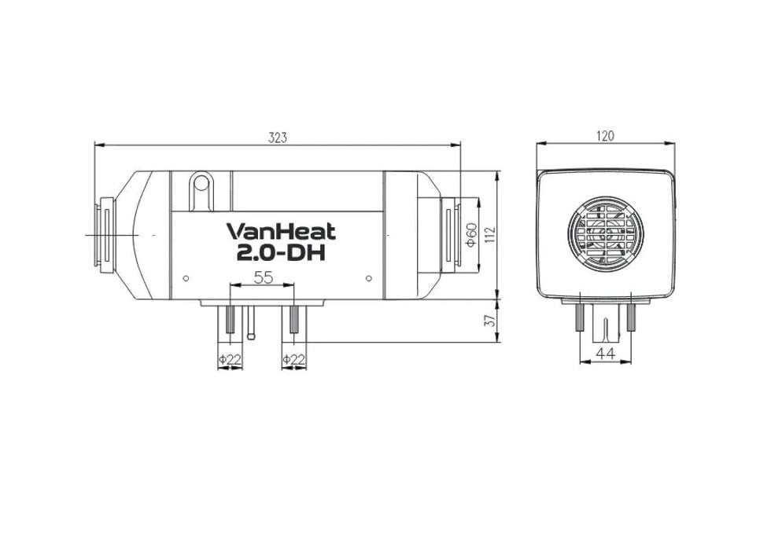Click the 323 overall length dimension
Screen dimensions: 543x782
coord(277,137)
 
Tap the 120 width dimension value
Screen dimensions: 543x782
coord(604,136)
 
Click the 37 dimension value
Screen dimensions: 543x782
coord(489,321)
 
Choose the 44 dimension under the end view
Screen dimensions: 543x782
coord(604,354)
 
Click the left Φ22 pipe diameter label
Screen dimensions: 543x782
coord(229,359)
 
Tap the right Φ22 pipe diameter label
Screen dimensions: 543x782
coord(293,359)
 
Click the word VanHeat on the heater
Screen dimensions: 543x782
coord(281,232)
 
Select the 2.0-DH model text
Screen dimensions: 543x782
coord(281,254)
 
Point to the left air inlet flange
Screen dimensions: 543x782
coord(101,234)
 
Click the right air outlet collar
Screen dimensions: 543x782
coord(449,234)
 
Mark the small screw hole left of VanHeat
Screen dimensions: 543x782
coord(186,277)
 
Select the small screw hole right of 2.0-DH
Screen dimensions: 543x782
coord(368,277)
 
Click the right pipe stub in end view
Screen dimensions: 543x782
coord(630,318)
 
